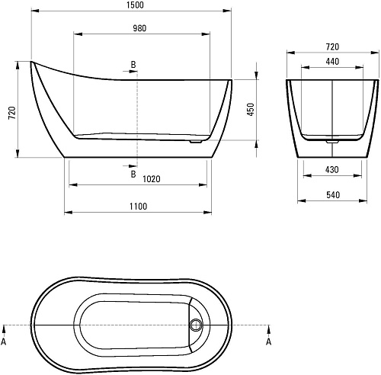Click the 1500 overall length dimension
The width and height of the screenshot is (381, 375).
point(135,5)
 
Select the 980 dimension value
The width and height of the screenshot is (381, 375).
point(139,28)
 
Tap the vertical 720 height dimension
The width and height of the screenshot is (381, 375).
point(12,113)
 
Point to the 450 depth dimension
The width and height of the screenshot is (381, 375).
point(251,109)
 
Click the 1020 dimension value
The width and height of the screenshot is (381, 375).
point(152,179)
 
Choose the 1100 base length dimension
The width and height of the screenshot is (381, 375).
point(138,207)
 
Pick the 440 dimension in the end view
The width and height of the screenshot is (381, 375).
point(332,62)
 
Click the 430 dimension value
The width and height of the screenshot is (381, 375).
point(332,169)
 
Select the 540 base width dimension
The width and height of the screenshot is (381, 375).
point(333,195)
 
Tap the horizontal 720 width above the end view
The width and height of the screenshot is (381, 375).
point(332,46)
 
